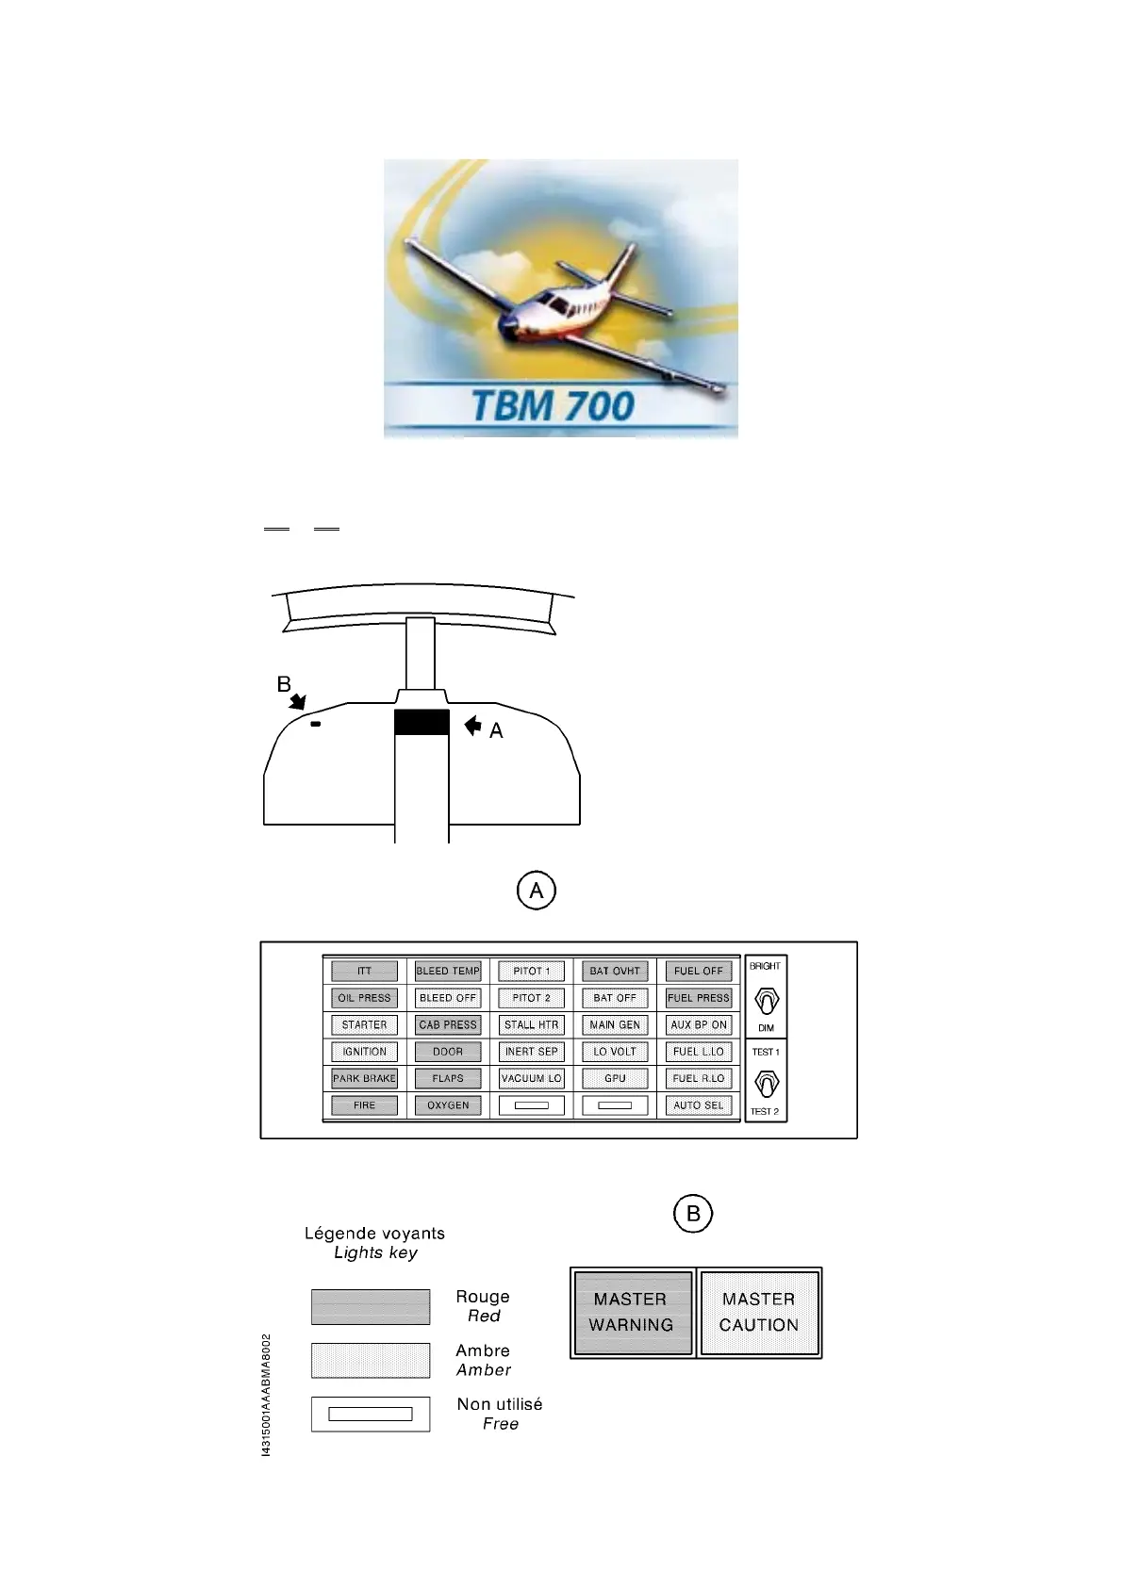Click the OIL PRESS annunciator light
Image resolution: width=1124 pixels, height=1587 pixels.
point(364,998)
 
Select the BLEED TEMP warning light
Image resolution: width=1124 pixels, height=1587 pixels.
point(448,971)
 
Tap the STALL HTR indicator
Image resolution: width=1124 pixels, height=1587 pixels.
point(532,1024)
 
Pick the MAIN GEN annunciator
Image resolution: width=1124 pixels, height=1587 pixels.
point(615,1024)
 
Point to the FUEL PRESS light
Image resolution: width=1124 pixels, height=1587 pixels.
point(699,998)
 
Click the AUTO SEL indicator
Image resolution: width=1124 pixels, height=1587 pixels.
point(699,1105)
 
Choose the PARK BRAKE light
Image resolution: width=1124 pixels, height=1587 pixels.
point(364,1078)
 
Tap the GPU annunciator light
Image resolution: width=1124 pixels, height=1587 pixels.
point(615,1078)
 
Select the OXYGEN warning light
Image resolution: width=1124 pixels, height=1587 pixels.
point(448,1105)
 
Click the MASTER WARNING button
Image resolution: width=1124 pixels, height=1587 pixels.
point(632,1312)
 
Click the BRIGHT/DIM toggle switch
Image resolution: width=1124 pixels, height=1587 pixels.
point(766,1000)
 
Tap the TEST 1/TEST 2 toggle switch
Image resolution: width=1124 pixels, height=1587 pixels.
point(767,1084)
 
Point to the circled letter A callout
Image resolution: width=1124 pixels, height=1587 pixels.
point(537,891)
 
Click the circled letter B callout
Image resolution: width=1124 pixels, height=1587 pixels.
point(693,1214)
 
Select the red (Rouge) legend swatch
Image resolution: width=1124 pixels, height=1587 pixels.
point(371,1307)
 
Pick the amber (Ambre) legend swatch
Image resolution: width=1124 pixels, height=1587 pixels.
point(371,1360)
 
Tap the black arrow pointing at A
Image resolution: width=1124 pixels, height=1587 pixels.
point(472,725)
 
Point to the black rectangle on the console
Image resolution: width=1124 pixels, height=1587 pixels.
point(421,723)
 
